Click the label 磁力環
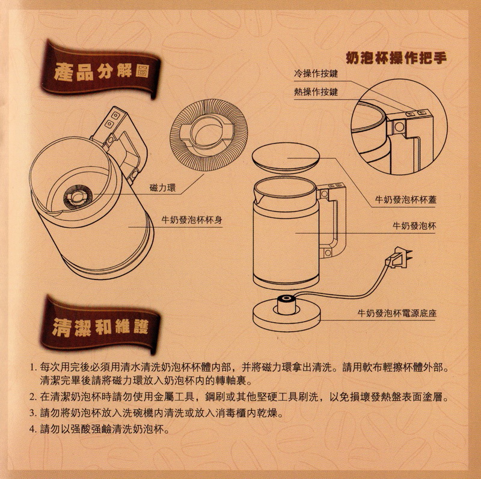163,188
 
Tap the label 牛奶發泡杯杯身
192,220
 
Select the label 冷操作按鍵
316,73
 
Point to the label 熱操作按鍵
316,91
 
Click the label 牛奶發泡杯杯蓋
405,200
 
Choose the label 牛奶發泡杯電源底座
397,313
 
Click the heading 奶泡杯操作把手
396,58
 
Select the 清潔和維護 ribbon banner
100,326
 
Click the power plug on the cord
399,257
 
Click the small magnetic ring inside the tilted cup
78,197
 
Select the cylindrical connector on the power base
287,304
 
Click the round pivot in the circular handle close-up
399,127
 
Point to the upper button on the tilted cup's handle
115,115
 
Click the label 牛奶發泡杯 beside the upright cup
414,226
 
